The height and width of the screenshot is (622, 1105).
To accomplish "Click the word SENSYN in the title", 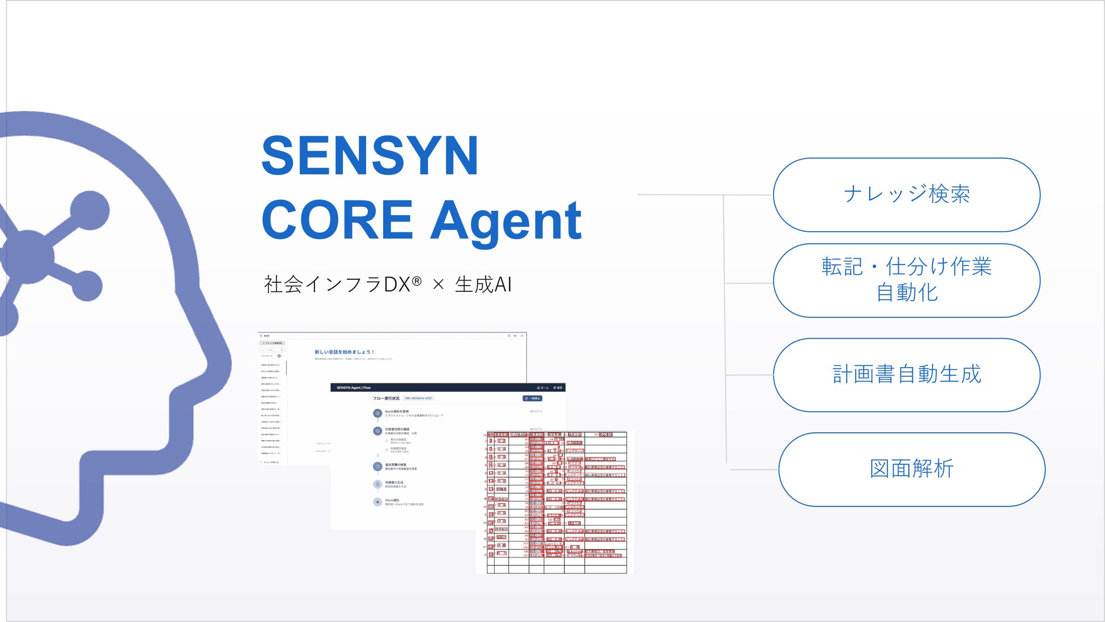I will point(370,156).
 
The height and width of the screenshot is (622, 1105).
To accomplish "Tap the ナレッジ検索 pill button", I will point(906,195).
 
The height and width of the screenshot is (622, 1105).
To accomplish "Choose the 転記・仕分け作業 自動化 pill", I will point(906,280).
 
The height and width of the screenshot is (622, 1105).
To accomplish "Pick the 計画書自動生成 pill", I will point(906,375).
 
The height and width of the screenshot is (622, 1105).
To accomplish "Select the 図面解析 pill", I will point(911,470).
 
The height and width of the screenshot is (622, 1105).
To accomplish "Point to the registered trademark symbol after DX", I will point(416,281).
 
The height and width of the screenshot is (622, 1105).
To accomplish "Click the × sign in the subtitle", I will point(438,285).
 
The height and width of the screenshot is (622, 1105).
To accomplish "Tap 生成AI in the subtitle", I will point(483,285).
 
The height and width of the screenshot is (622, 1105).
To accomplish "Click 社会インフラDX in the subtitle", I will point(337,285).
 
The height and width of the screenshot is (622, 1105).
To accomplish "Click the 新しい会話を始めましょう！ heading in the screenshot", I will point(345,352).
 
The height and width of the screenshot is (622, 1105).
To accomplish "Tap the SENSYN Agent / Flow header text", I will point(354,388).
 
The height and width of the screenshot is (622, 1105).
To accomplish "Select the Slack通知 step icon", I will point(377,502).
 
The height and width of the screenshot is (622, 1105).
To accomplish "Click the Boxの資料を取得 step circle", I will point(377,414).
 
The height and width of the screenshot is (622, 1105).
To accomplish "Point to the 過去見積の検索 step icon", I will point(377,467).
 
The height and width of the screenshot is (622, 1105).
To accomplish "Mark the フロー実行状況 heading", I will point(386,398).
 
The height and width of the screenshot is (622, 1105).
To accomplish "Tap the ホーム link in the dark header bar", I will point(543,388).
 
